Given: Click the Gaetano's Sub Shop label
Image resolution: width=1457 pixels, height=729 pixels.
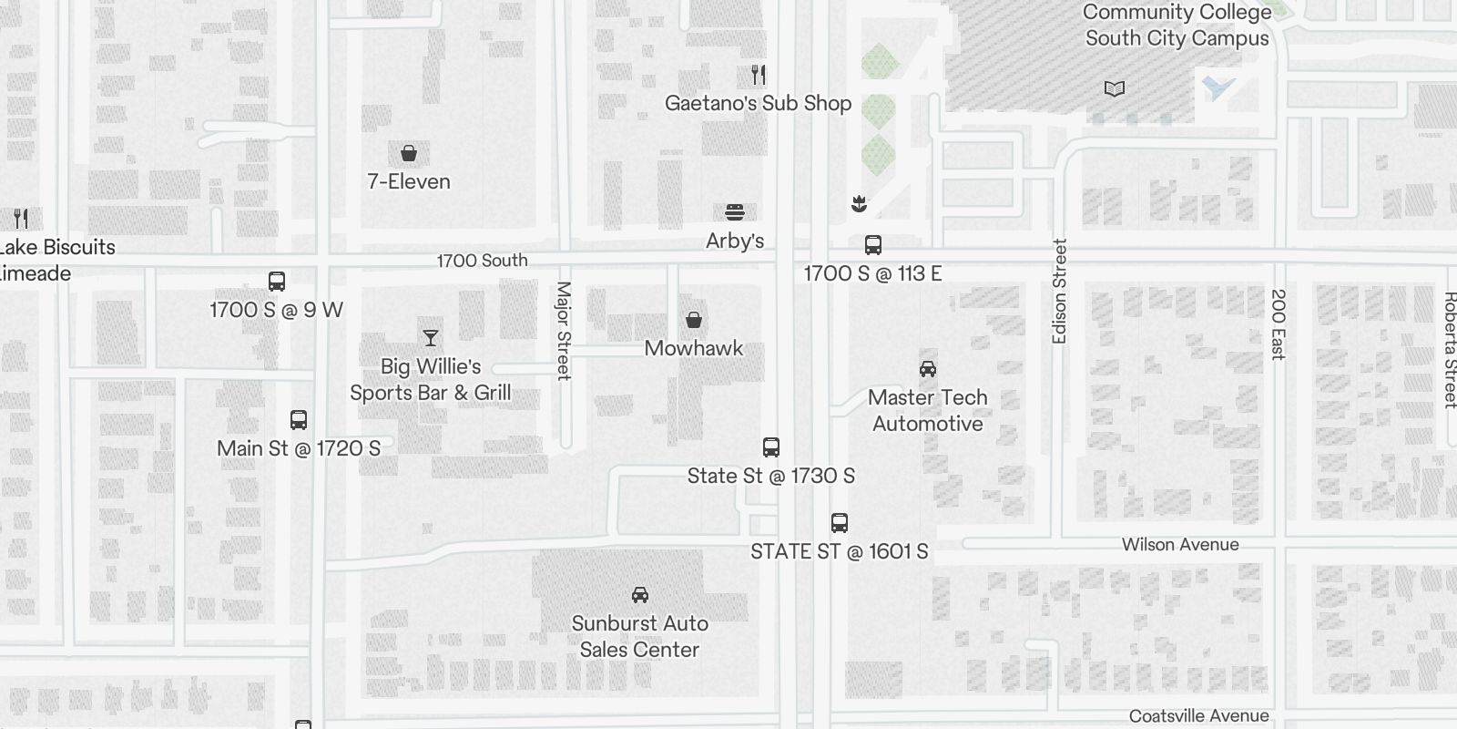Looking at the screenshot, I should [758, 103].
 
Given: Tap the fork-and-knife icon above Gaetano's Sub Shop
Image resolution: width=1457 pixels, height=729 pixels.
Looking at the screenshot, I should [759, 74].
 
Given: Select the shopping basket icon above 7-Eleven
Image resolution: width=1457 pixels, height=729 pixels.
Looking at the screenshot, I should [409, 152].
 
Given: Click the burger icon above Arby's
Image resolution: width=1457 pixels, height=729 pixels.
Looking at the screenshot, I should [735, 212].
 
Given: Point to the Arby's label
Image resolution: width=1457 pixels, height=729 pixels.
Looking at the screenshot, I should [735, 241].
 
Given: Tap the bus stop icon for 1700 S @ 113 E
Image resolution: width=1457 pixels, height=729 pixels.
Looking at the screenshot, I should [872, 244].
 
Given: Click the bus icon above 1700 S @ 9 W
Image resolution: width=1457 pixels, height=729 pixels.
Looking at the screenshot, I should [277, 281].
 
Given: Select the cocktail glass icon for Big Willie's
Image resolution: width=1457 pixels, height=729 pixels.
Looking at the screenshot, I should [431, 338].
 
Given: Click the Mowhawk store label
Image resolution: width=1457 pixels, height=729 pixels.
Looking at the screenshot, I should [693, 348].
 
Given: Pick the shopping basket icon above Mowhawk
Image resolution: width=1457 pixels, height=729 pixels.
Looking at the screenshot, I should [694, 320].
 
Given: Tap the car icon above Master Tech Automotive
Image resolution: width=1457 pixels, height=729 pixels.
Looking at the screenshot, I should [928, 368].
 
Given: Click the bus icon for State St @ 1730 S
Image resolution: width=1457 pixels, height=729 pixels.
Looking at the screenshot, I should [771, 447].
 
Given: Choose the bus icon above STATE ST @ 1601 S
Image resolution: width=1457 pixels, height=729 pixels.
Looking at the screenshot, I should [840, 523].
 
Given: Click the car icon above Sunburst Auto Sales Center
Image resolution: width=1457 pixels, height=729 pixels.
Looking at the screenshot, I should [640, 595].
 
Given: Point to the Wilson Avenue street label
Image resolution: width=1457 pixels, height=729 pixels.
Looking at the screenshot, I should [1180, 544].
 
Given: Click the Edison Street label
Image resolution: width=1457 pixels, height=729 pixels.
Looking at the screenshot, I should [1059, 292].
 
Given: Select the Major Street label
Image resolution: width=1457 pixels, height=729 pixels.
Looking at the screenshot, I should [563, 330].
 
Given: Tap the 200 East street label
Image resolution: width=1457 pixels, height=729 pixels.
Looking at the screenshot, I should [1279, 324].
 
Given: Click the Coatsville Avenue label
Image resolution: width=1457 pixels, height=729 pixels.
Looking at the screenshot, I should [1198, 716].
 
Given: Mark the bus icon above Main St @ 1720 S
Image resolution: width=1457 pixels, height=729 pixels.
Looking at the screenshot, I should [299, 420].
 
